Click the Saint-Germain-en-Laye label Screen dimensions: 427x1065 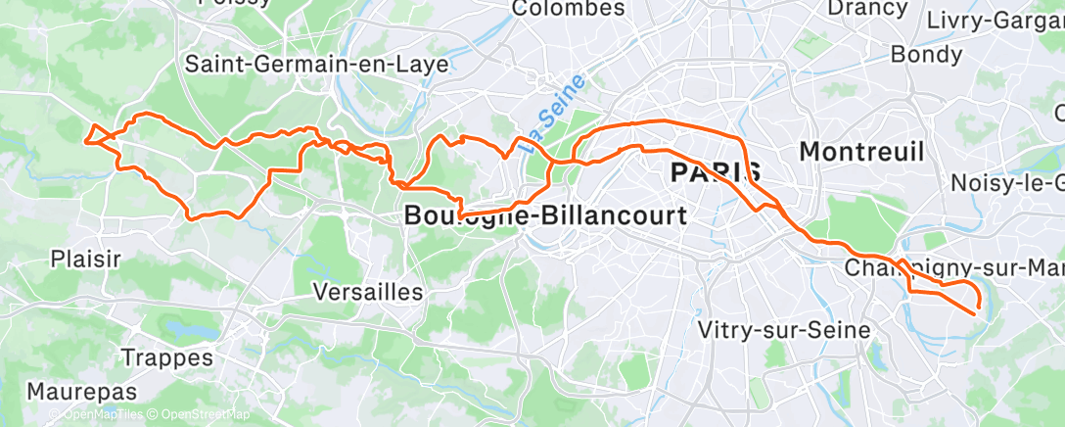pos(317,65)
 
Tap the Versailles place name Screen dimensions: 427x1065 pos(368,292)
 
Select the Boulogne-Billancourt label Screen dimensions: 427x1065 pos(545,216)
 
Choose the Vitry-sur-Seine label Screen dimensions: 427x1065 pos(783,330)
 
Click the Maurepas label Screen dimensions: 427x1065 pos(81,391)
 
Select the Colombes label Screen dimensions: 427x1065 pos(569,9)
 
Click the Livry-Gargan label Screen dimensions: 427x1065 pos(995,21)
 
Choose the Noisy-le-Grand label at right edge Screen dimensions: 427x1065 pos(1007,183)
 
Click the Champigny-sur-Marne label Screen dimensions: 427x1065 pos(953,267)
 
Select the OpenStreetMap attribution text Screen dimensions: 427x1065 pos(201,415)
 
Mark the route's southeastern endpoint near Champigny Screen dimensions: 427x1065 pos(977,311)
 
